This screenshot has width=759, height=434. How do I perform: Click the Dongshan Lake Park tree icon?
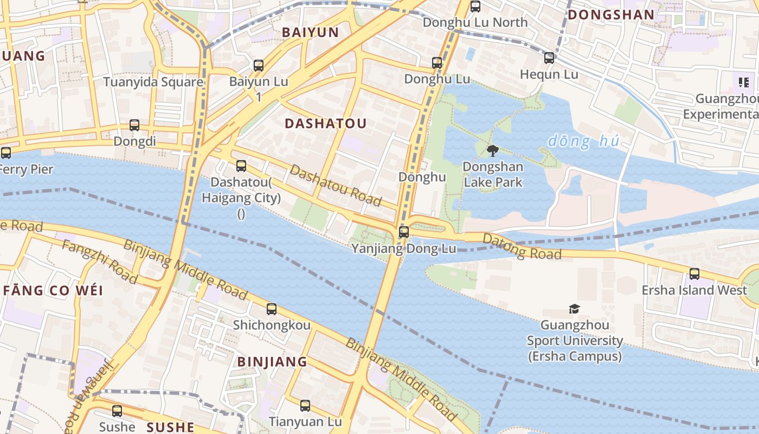492,150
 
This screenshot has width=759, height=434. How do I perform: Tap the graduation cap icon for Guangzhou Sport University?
574,309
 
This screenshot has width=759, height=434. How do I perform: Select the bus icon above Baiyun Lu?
259,66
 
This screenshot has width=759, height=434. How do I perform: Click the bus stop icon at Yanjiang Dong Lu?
403,232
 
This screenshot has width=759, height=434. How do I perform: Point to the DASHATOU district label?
325,124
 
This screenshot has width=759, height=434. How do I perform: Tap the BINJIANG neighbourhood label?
272,362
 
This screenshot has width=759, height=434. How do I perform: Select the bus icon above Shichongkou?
271,309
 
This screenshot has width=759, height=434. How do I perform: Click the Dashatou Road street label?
336,185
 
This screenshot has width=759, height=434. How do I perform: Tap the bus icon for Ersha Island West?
694,274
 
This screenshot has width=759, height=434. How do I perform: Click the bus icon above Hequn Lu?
549,58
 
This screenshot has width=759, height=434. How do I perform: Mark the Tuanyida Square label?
153,82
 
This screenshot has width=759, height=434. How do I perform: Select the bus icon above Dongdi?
134,125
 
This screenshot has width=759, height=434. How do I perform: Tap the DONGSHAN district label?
610,15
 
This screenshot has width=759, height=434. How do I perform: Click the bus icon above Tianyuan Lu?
305,405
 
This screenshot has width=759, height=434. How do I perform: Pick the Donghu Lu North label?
475,22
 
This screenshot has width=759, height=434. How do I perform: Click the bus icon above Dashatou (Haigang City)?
241,166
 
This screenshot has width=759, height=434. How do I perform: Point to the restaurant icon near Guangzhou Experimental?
743,82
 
